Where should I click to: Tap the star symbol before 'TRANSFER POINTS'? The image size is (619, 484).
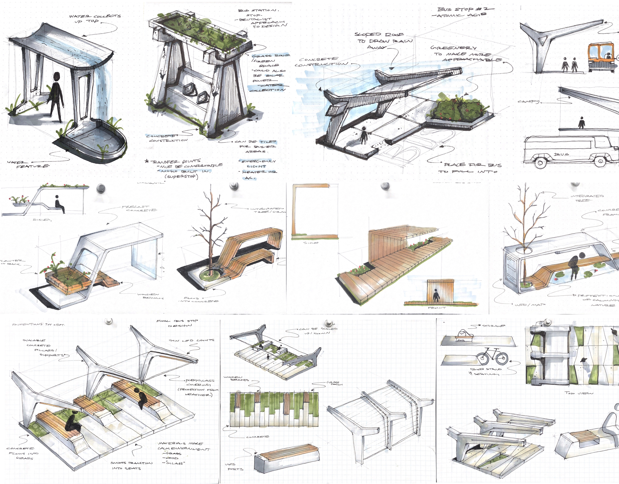tap(146, 161)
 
